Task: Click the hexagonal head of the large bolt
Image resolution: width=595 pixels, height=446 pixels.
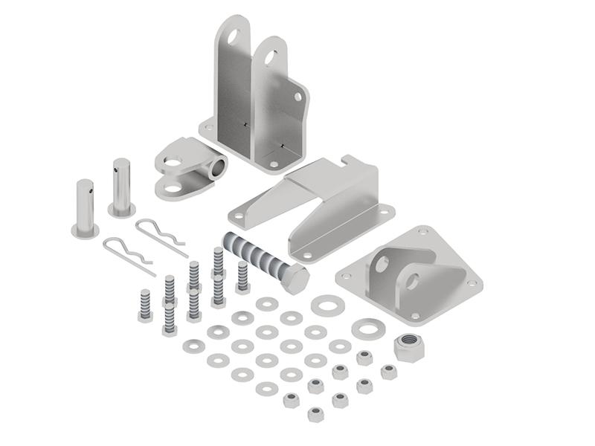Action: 296,279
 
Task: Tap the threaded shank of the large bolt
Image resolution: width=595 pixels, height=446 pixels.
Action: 253,252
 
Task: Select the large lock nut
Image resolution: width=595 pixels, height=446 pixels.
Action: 408,347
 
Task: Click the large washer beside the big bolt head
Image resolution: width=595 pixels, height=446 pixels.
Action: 328,305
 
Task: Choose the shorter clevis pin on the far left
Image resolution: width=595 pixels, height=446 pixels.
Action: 85,208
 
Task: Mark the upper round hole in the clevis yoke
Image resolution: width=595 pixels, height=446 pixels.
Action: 173,161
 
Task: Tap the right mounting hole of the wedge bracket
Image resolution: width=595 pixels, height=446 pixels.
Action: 385,210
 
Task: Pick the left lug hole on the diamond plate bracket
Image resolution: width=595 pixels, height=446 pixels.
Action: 382,264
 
